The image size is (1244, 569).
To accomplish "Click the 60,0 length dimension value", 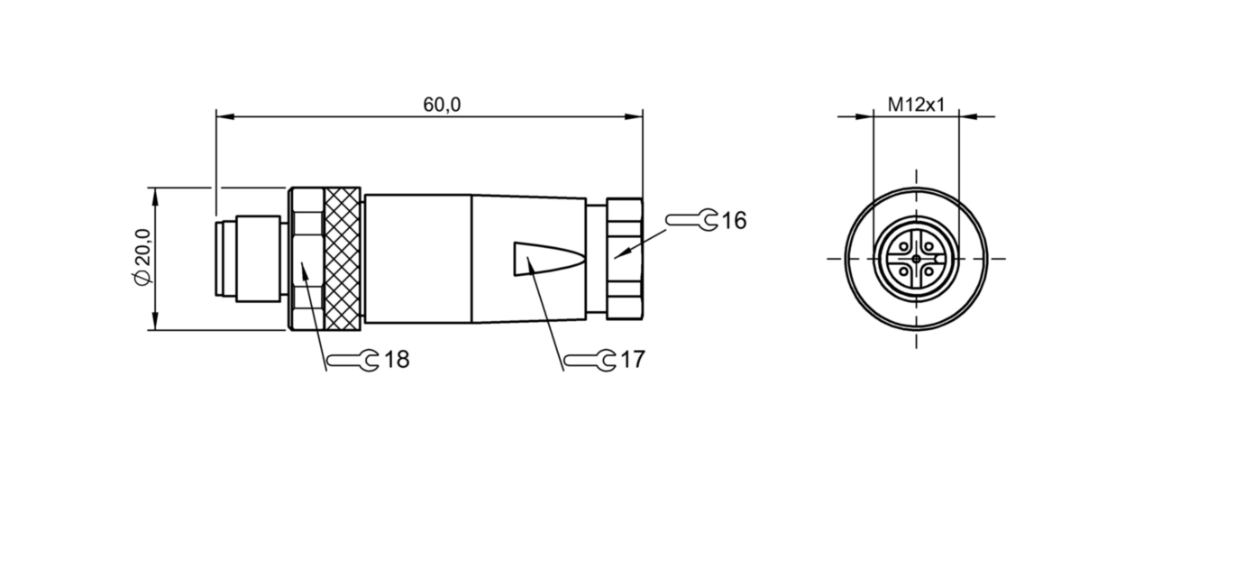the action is [442, 105].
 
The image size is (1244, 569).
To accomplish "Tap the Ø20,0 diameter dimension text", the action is [142, 257].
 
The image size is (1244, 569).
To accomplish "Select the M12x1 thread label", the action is [916, 105].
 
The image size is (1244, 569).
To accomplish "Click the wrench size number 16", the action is [734, 221].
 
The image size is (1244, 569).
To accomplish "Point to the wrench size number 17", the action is [633, 360].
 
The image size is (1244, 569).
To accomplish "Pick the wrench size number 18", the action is [397, 360].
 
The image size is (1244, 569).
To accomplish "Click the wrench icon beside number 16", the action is [691, 220].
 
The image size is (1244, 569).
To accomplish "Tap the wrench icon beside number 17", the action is [590, 360].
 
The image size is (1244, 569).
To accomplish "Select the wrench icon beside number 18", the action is [353, 360].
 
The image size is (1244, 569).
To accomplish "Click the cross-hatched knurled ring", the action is [343, 259].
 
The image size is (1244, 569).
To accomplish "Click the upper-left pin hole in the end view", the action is [903, 246].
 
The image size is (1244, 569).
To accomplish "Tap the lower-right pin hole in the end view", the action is [928, 271].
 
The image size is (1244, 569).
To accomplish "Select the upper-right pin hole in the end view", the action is [928, 246].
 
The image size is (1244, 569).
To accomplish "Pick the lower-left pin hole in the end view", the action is [903, 271].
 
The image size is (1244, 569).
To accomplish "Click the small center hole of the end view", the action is [917, 259].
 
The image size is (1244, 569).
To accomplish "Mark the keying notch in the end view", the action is [938, 259].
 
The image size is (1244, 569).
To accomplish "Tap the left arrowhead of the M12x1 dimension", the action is [864, 116].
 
